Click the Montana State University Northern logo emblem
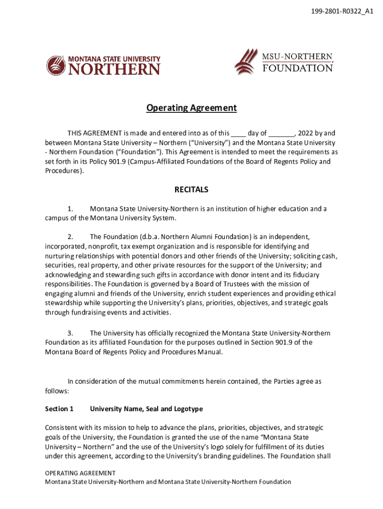coord(56,65)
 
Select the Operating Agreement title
coord(191,108)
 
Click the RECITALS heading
coord(191,189)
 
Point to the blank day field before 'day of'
coord(239,133)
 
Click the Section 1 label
coord(59,409)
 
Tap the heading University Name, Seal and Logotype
coord(146,409)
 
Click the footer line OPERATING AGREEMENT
coord(80,473)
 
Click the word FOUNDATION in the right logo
coord(297,68)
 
